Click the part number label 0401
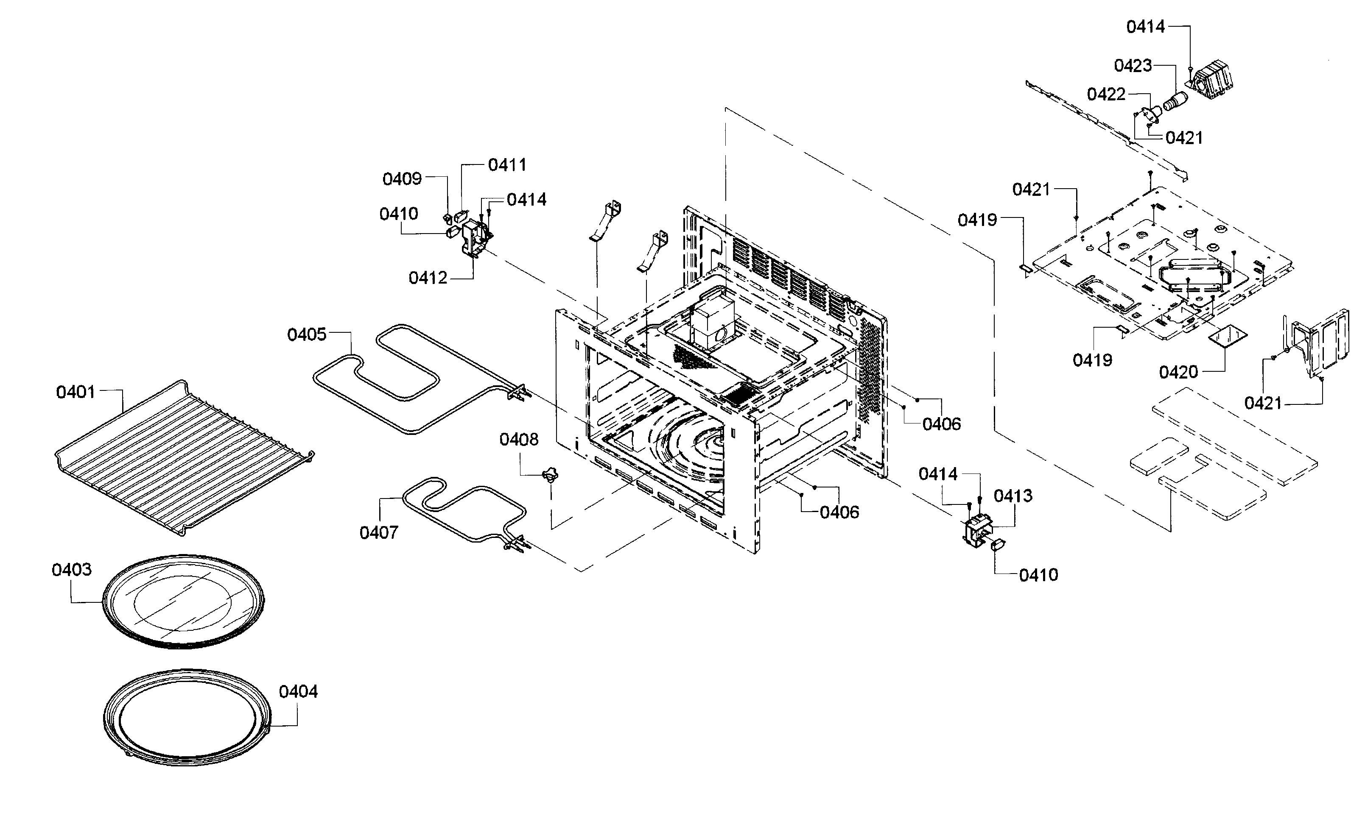[76, 392]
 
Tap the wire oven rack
[185, 457]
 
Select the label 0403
[72, 570]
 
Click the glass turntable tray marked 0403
[184, 602]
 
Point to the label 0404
[298, 692]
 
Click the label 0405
[307, 334]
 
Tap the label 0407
[379, 532]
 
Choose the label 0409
[402, 179]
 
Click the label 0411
[507, 164]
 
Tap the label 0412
[428, 278]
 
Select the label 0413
[1013, 496]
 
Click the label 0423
[1133, 65]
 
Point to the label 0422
[1106, 95]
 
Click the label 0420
[1178, 372]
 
